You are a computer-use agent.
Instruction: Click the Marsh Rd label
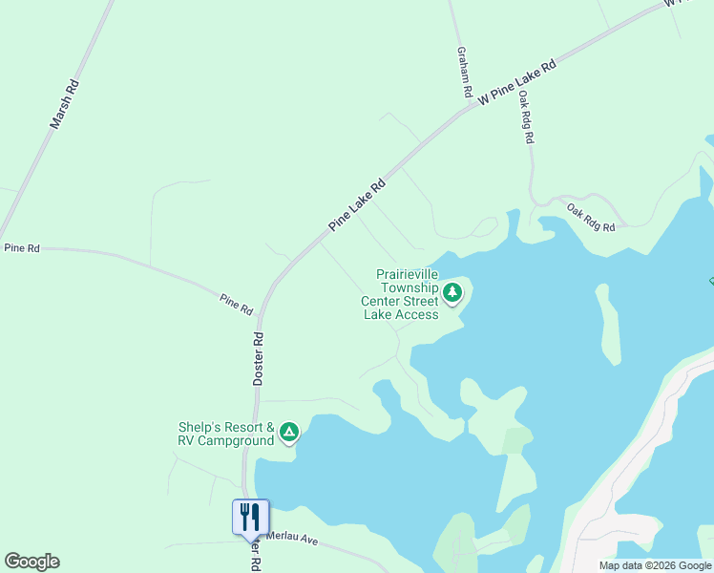click(65, 104)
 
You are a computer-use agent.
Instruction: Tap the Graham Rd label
click(464, 73)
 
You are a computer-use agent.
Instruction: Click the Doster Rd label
click(258, 358)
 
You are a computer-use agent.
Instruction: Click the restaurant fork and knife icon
click(250, 517)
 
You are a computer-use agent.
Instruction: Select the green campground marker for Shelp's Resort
click(289, 434)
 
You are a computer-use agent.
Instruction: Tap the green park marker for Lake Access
click(452, 293)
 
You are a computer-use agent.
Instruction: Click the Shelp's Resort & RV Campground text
click(226, 434)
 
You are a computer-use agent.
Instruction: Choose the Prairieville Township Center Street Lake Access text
click(400, 294)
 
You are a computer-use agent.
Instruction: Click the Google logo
click(31, 562)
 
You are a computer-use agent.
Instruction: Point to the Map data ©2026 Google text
click(655, 565)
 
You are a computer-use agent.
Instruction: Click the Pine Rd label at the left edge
click(22, 248)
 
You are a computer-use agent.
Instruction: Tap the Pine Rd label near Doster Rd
click(236, 304)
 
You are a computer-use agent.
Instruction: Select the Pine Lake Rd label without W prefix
click(356, 204)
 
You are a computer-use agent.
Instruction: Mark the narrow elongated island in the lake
click(608, 325)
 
